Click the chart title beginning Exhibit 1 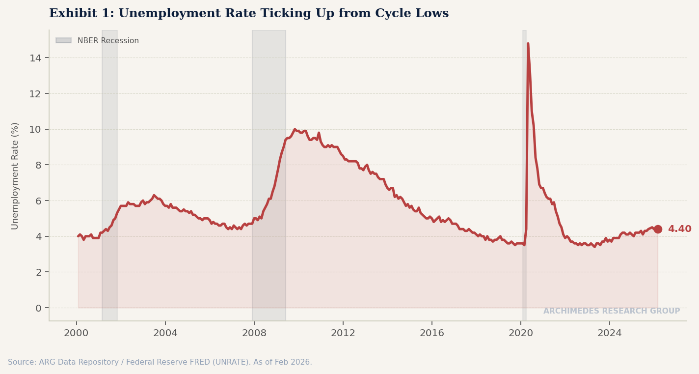pyautogui.click(x=249, y=14)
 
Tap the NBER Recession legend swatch pyautogui.click(x=63, y=41)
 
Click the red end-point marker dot pyautogui.click(x=658, y=229)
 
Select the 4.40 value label pyautogui.click(x=679, y=229)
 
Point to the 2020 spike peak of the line pyautogui.click(x=528, y=44)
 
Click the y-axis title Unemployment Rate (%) pyautogui.click(x=15, y=175)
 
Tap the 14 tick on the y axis pyautogui.click(x=35, y=58)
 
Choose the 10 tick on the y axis pyautogui.click(x=35, y=129)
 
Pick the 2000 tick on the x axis pyautogui.click(x=76, y=333)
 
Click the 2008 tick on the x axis pyautogui.click(x=254, y=333)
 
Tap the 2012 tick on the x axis pyautogui.click(x=343, y=333)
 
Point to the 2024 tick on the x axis pyautogui.click(x=610, y=333)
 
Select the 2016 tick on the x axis pyautogui.click(x=432, y=333)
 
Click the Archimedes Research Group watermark pyautogui.click(x=611, y=311)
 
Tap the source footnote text pyautogui.click(x=160, y=362)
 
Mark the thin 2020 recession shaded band pyautogui.click(x=524, y=147)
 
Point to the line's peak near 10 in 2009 pyautogui.click(x=295, y=129)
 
